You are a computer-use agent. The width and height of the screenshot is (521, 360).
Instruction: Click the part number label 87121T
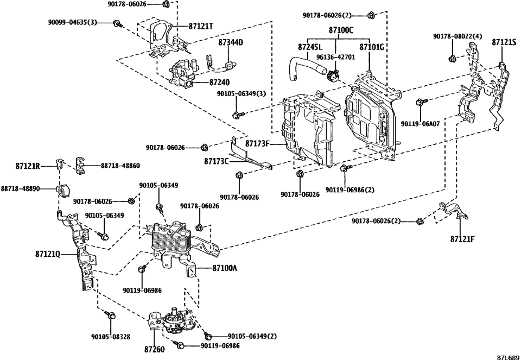click(201, 26)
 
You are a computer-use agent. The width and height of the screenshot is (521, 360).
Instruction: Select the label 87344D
click(231, 42)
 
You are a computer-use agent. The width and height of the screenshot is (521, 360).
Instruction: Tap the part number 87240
click(220, 83)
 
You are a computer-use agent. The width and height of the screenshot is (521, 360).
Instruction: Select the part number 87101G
click(372, 47)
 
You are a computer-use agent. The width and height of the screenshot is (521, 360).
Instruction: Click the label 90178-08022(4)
click(458, 36)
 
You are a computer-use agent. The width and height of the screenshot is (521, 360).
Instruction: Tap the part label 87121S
click(504, 42)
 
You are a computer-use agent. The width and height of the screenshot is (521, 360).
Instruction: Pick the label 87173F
click(258, 144)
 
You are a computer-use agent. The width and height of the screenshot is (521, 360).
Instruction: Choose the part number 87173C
click(218, 161)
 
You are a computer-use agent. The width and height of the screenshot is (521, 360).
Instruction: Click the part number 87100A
click(225, 268)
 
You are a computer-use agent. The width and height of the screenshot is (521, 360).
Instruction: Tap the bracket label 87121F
click(462, 238)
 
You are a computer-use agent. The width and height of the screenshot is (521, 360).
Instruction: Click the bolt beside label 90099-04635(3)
click(117, 23)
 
